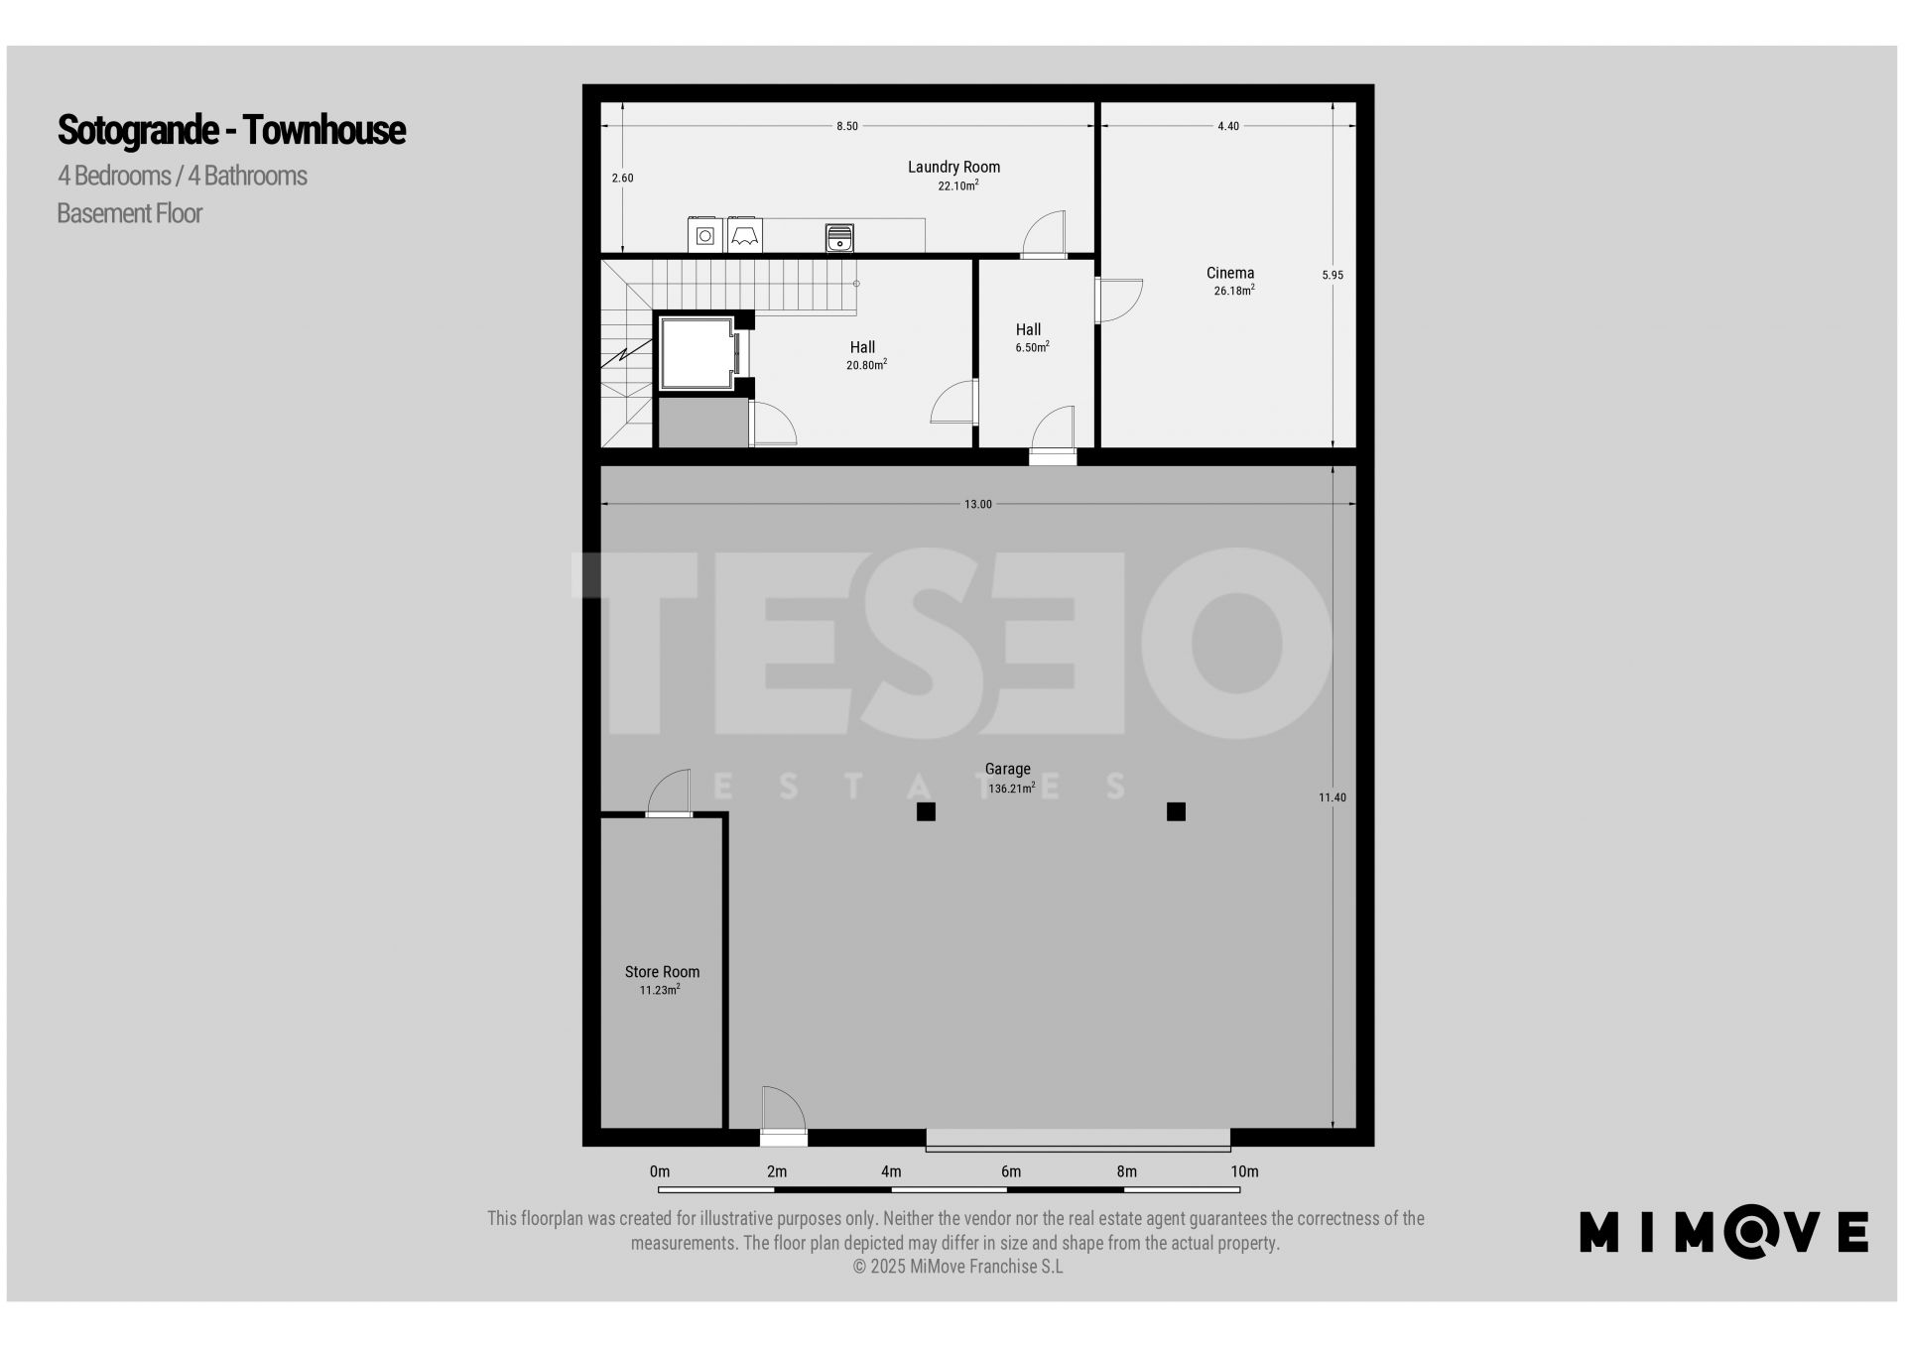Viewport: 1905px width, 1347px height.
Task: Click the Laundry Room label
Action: click(953, 167)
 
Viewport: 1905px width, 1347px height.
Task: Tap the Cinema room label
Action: click(1230, 273)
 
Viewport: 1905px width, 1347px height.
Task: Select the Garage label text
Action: click(1007, 769)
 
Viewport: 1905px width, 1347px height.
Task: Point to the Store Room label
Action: click(662, 972)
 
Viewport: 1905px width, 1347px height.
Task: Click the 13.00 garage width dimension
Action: click(978, 504)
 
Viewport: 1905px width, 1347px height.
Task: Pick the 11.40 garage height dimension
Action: click(1333, 797)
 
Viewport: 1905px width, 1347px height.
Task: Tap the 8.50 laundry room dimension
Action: click(847, 126)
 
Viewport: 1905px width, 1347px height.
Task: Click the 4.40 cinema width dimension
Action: click(1228, 126)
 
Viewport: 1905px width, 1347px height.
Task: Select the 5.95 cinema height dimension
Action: click(1333, 275)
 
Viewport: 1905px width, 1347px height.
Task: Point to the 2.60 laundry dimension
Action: click(622, 178)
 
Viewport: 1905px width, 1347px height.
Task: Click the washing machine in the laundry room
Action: click(704, 235)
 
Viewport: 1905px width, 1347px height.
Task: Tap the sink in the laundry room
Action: click(839, 238)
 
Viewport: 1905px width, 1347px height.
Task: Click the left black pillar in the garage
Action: click(926, 812)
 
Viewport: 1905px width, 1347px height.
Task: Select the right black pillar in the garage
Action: click(1176, 812)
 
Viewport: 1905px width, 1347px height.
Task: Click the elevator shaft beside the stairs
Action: click(697, 353)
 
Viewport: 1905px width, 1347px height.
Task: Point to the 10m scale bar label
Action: click(1244, 1171)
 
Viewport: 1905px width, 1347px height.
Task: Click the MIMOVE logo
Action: click(1723, 1232)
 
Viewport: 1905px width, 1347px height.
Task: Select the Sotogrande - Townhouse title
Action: click(231, 130)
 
